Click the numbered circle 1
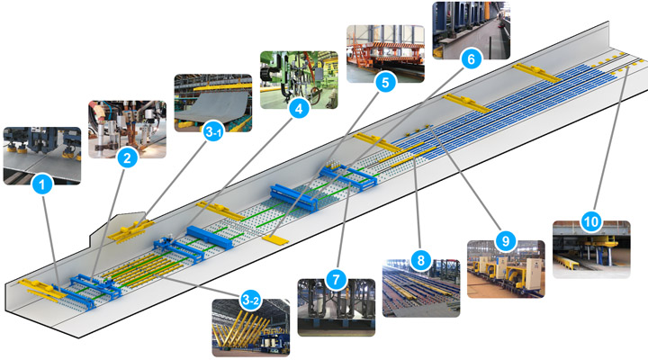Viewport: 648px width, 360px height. (40, 186)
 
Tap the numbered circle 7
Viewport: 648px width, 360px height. (335, 278)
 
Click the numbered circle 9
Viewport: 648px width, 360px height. (505, 241)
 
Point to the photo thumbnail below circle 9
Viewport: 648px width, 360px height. (505, 269)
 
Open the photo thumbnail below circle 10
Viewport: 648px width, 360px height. (590, 249)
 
